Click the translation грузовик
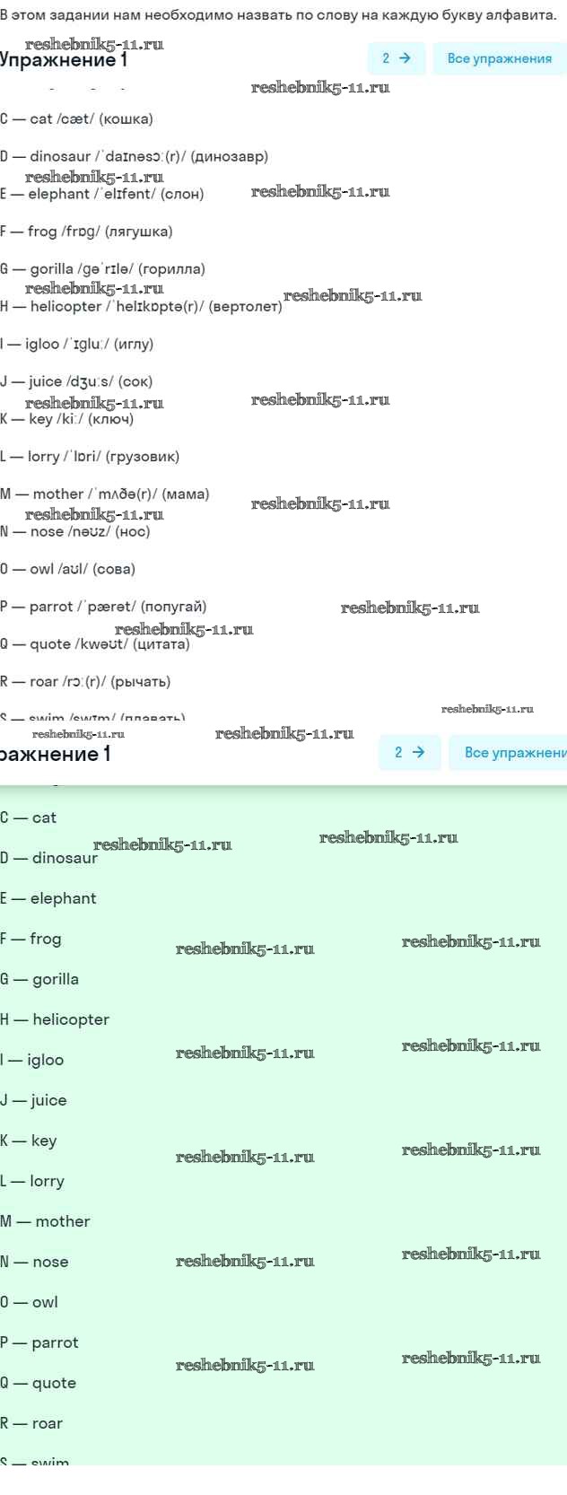click(143, 457)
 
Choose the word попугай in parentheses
click(173, 607)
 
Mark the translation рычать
click(140, 682)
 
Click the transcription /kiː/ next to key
click(70, 419)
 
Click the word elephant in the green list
click(63, 898)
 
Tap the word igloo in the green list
click(46, 1060)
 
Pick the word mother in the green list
click(63, 1221)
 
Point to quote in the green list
click(54, 1383)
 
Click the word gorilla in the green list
click(56, 979)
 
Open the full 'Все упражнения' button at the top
click(499, 58)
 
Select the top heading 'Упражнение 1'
click(63, 60)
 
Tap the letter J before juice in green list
click(4, 1100)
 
